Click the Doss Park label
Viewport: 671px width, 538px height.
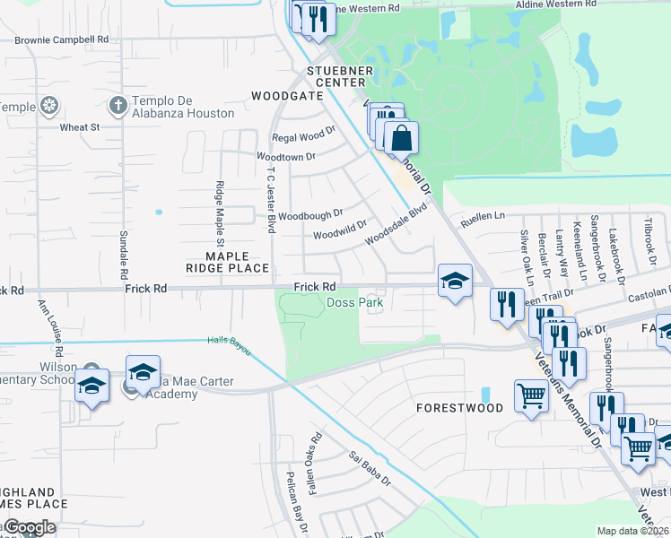pyautogui.click(x=354, y=303)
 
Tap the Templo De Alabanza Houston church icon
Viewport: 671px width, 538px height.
pyautogui.click(x=117, y=106)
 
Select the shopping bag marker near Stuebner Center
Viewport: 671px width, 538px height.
pyautogui.click(x=402, y=138)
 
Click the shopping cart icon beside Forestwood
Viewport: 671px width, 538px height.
pyautogui.click(x=531, y=395)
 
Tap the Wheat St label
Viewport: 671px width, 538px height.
pyautogui.click(x=80, y=127)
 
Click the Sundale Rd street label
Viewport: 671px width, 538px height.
pyautogui.click(x=124, y=255)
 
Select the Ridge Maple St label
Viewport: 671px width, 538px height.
pyautogui.click(x=219, y=213)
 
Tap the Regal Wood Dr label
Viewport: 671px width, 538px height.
pyautogui.click(x=303, y=137)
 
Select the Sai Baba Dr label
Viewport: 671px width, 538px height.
pyautogui.click(x=370, y=468)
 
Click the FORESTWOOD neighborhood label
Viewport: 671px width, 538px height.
pyautogui.click(x=460, y=407)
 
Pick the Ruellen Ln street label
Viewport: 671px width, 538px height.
pyautogui.click(x=484, y=216)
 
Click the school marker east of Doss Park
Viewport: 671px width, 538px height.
pyautogui.click(x=455, y=281)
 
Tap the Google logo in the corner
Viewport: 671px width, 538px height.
pyautogui.click(x=30, y=527)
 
